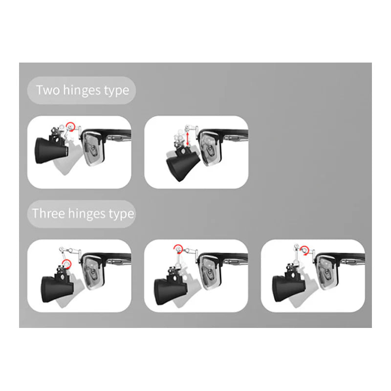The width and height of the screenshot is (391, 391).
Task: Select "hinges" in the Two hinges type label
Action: [x=85, y=90]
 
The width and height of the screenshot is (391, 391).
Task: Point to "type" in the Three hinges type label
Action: [x=121, y=214]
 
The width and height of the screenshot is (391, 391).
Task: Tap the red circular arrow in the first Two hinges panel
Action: [x=72, y=128]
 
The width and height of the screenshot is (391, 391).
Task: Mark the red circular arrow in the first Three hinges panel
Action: [x=67, y=264]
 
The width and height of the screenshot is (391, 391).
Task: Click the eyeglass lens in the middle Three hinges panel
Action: [x=209, y=272]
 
